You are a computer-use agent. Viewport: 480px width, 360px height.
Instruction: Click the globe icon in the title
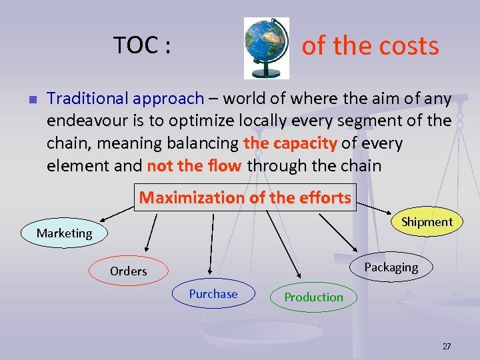pos(267,47)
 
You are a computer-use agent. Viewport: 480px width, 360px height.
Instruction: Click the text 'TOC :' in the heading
pos(142,46)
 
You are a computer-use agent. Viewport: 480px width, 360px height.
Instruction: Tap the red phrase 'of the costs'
pos(370,46)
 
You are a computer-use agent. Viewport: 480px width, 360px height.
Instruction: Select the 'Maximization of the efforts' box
pos(245,197)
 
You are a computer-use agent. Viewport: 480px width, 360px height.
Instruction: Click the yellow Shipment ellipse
pos(427,222)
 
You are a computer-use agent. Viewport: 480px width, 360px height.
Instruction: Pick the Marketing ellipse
pos(65,233)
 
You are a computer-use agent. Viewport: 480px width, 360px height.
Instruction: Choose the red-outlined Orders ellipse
pos(128,271)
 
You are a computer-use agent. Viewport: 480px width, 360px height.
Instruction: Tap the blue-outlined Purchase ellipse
pos(213,294)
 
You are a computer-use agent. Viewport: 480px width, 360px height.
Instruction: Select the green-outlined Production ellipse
pos(313,297)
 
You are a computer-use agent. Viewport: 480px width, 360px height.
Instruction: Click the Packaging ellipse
pos(391,267)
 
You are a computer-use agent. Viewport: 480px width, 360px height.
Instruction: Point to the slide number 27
pos(446,346)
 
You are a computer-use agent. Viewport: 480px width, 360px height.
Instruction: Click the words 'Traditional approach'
pos(125,99)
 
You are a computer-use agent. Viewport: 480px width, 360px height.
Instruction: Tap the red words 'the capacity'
pos(291,143)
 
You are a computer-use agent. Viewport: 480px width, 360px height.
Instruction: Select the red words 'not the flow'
pos(194,165)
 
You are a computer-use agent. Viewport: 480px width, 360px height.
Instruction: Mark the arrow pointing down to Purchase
pos(211,243)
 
